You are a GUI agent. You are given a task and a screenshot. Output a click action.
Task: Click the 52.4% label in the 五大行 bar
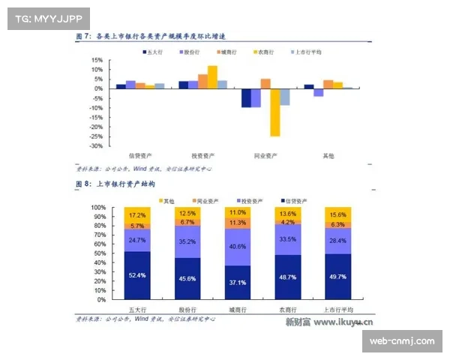[x=137, y=275]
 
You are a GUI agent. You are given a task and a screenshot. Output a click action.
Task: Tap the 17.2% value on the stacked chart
[x=137, y=214]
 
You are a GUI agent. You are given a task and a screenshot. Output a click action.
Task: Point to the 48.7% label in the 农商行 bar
[x=287, y=277]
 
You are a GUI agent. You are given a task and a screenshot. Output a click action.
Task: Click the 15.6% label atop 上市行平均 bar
[x=337, y=215]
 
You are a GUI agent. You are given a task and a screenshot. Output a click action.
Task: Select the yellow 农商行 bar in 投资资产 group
[x=212, y=77]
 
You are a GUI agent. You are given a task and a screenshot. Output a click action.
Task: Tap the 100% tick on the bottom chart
[x=97, y=207]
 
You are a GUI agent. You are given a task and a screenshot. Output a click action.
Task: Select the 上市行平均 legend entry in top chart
[x=304, y=52]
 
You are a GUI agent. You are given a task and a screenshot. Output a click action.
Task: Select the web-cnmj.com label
[x=402, y=341]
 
